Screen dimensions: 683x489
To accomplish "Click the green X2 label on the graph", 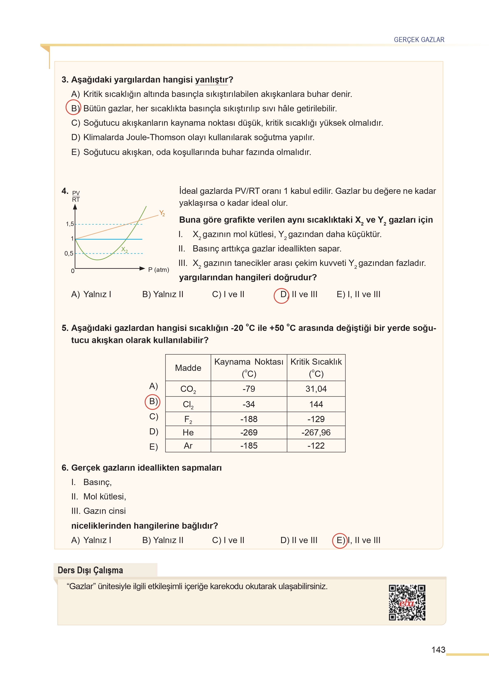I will (124, 249).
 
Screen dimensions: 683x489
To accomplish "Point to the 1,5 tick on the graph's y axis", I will (70, 224).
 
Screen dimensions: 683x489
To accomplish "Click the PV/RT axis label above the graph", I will (76, 196).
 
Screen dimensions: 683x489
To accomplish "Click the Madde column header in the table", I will (188, 368).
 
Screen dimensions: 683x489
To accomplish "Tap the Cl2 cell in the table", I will (188, 404).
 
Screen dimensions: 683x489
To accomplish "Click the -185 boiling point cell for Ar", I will (249, 446).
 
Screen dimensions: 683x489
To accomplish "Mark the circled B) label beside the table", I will (153, 402).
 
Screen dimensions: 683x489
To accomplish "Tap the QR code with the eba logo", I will (407, 602).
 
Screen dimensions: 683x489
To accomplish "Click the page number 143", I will (438, 650).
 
